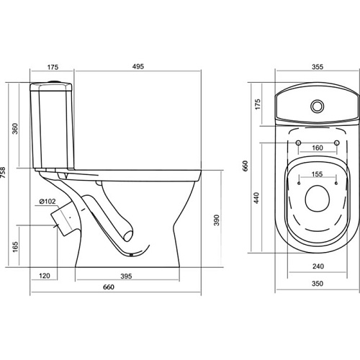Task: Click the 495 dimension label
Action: click(x=138, y=66)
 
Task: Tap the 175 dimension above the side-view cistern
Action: click(x=53, y=67)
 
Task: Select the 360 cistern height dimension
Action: click(x=15, y=129)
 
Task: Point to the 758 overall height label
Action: click(x=3, y=173)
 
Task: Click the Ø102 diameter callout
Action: click(x=48, y=202)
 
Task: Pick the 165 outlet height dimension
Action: click(x=15, y=247)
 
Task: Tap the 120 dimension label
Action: click(x=45, y=276)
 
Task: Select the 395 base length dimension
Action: click(x=126, y=276)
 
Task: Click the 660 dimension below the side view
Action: click(x=109, y=287)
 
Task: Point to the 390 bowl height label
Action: click(x=217, y=220)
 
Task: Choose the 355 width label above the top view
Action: click(x=318, y=67)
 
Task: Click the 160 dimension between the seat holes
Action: click(x=318, y=148)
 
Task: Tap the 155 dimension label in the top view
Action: click(x=317, y=174)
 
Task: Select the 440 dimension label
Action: click(x=256, y=198)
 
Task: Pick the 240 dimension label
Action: click(x=318, y=266)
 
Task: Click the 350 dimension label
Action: click(x=318, y=284)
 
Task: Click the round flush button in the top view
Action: click(x=318, y=106)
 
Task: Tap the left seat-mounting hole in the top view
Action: click(x=298, y=143)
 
